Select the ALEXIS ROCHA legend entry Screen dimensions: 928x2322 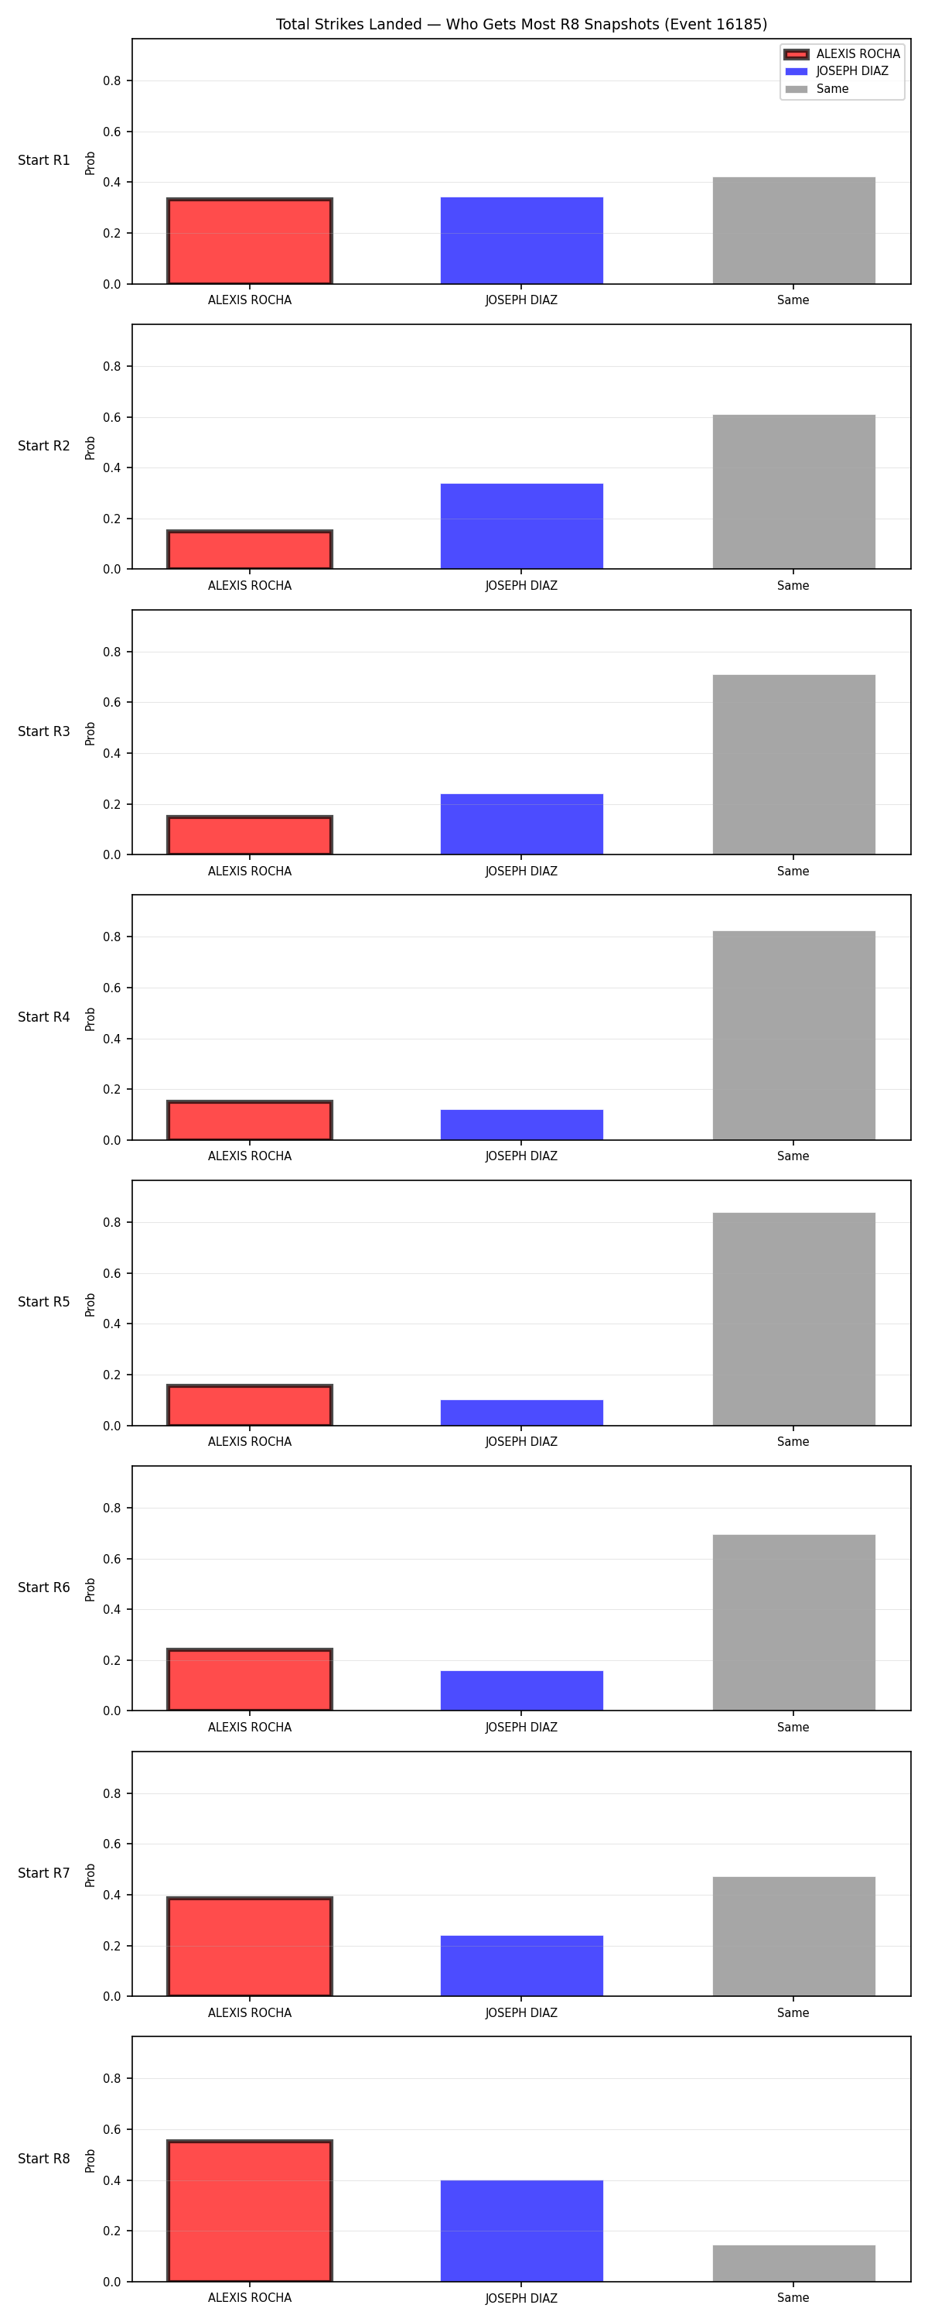[x=841, y=54]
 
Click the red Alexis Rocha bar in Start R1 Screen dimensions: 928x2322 [x=250, y=241]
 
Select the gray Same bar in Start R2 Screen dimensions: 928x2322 [x=793, y=491]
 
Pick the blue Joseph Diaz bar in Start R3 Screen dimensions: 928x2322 [x=522, y=824]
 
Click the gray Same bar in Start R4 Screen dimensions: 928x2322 [x=793, y=1035]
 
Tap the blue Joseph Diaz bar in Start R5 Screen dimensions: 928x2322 [x=522, y=1413]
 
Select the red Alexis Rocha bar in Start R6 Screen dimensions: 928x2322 [x=250, y=1680]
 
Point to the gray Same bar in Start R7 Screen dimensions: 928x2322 [x=793, y=1937]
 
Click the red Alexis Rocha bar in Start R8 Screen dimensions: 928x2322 [x=250, y=2211]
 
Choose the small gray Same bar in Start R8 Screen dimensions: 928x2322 [x=793, y=2263]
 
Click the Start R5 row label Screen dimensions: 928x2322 [x=44, y=1302]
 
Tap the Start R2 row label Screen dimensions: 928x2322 [x=44, y=445]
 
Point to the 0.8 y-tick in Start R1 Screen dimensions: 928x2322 [x=111, y=81]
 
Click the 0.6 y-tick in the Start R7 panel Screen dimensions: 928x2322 [x=111, y=1844]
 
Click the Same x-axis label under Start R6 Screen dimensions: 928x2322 [x=793, y=1727]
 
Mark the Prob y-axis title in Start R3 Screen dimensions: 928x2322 [x=90, y=733]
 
